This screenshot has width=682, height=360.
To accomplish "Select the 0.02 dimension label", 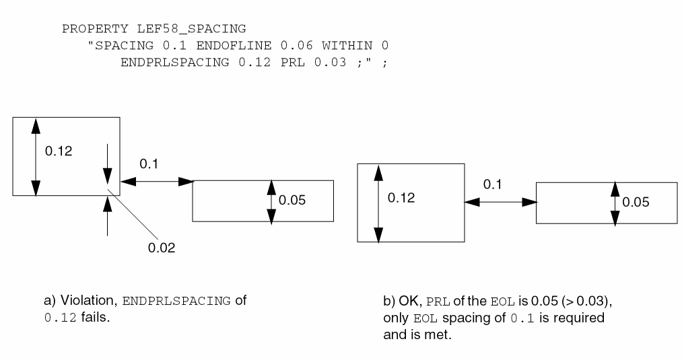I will [162, 248].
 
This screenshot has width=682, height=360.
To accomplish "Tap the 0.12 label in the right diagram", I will [401, 199].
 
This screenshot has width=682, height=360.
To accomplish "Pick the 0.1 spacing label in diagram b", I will [493, 184].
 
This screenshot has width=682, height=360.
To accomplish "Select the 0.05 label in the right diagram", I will [636, 202].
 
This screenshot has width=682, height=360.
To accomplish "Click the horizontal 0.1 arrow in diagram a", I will [156, 180].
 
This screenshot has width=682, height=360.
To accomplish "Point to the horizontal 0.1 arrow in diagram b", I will [500, 201].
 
